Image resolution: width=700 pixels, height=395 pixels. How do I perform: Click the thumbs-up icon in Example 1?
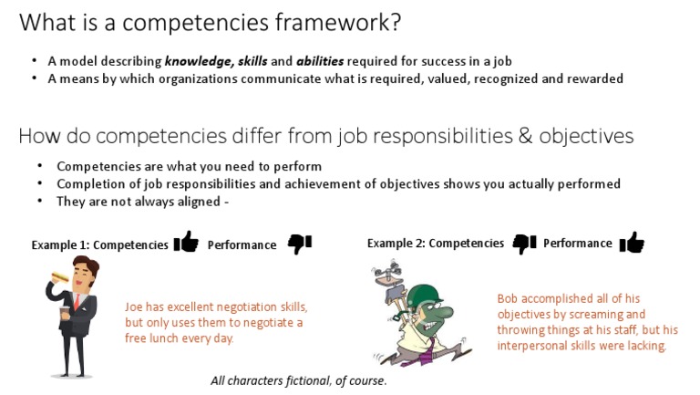(186, 242)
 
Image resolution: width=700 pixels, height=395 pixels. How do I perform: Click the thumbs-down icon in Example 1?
(299, 243)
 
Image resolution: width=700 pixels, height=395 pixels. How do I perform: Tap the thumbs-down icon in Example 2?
(524, 243)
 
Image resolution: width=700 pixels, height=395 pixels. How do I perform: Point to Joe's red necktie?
(80, 307)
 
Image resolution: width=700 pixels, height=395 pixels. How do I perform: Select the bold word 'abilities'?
(320, 61)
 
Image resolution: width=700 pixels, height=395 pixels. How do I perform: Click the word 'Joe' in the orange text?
(135, 307)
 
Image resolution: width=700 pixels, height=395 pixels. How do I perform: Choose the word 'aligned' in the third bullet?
(191, 201)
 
